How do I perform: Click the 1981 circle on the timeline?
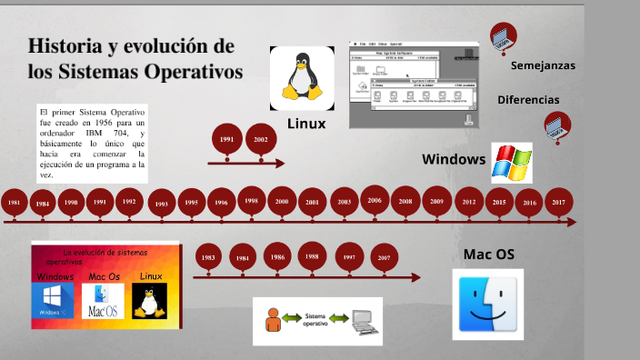tap(14, 203)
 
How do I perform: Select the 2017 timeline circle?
tap(557, 203)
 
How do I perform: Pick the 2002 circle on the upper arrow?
tap(261, 140)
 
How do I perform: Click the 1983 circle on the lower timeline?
tap(209, 258)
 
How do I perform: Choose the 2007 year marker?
tap(385, 258)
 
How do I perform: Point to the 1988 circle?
tap(312, 257)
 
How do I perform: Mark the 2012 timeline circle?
tap(469, 203)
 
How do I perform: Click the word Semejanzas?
tap(543, 66)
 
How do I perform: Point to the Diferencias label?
tap(528, 99)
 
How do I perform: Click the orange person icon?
tap(272, 319)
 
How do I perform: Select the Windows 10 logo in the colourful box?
tap(53, 300)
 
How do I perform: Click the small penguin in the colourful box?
tap(149, 300)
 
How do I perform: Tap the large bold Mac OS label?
tap(489, 255)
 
